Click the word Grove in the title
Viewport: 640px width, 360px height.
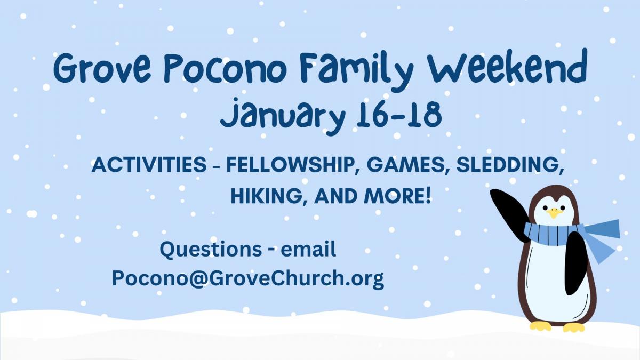point(101,69)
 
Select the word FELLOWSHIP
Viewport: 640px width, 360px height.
point(292,165)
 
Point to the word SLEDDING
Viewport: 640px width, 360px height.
point(510,165)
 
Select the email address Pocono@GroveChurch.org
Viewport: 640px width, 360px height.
point(248,278)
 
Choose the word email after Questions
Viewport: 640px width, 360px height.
point(308,249)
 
